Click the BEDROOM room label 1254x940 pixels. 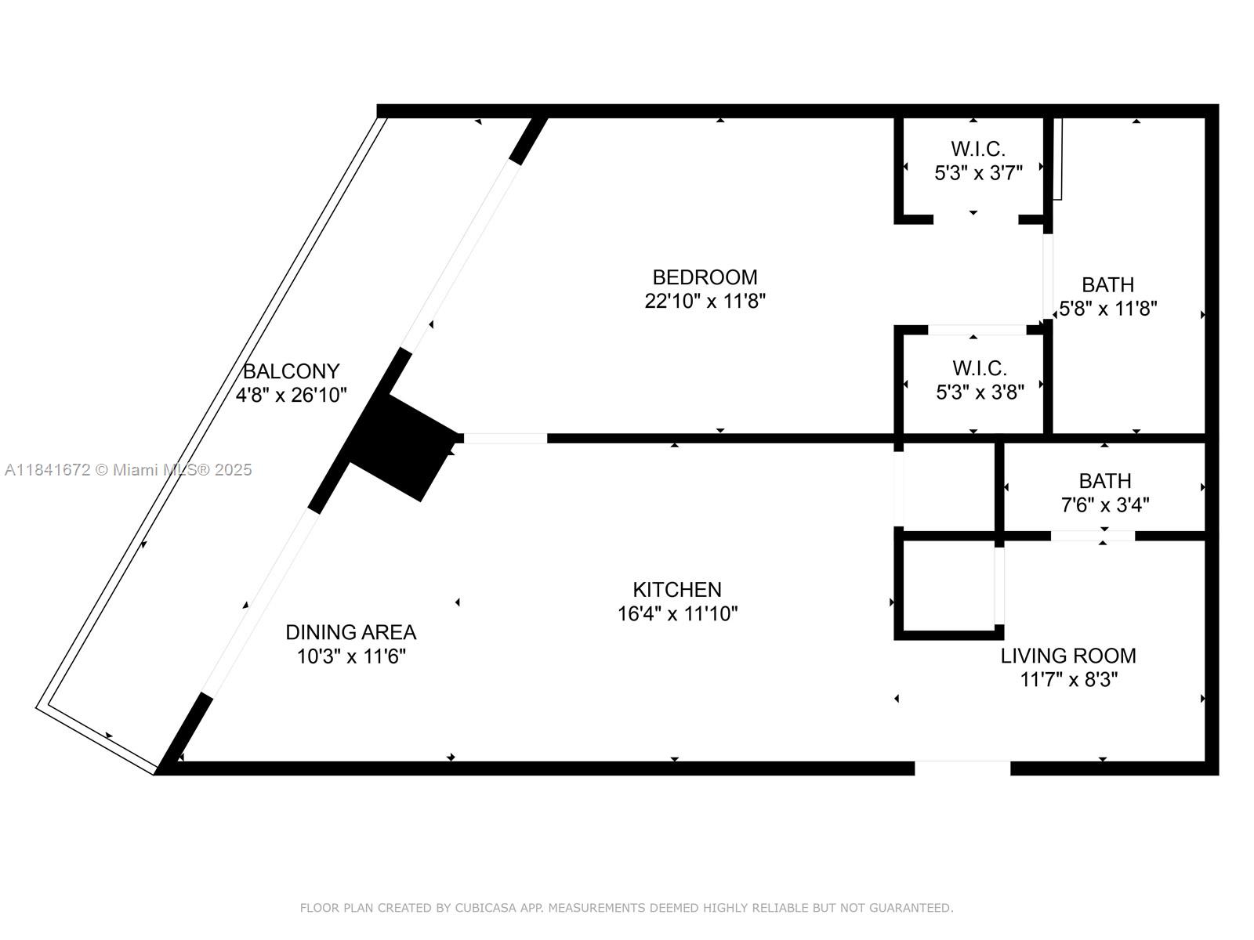[x=705, y=277]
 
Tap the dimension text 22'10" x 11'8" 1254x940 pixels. [x=705, y=301]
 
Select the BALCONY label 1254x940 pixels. [x=291, y=371]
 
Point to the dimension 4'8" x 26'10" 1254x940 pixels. [x=291, y=395]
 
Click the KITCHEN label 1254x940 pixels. [x=677, y=590]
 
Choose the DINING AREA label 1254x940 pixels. [x=350, y=632]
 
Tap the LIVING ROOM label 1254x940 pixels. [x=1067, y=656]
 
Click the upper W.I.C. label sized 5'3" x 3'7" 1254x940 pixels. [x=977, y=149]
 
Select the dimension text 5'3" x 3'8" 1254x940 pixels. [x=980, y=392]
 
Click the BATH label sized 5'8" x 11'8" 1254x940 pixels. [x=1107, y=285]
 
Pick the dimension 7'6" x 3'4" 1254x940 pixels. [x=1104, y=505]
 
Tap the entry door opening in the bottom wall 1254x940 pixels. [x=962, y=768]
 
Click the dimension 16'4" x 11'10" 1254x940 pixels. [x=677, y=613]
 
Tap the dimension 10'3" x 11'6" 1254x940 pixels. [x=350, y=656]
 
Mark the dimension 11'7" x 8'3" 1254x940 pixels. [x=1067, y=680]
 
